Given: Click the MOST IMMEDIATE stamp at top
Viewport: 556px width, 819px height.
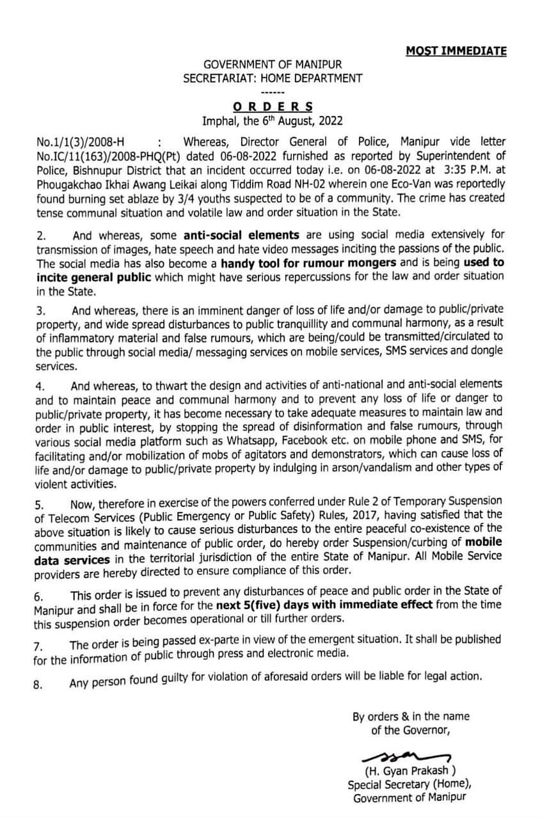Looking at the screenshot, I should tap(456, 51).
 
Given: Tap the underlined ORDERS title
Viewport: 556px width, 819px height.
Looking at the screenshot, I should tap(273, 106).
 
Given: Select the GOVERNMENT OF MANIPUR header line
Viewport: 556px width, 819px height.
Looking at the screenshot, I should tap(273, 65).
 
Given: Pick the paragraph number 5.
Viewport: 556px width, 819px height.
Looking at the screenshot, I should tap(38, 503).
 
